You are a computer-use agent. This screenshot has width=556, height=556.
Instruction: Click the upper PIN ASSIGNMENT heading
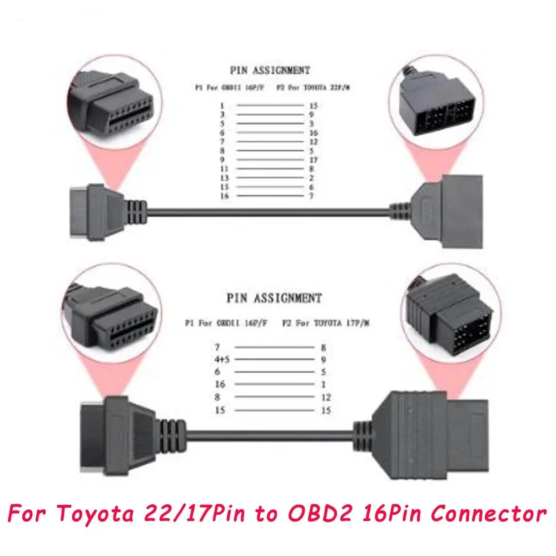click(270, 71)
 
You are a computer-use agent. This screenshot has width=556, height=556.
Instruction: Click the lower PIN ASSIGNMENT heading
click(275, 298)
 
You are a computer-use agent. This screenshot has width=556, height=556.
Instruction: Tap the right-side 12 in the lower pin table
click(326, 398)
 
